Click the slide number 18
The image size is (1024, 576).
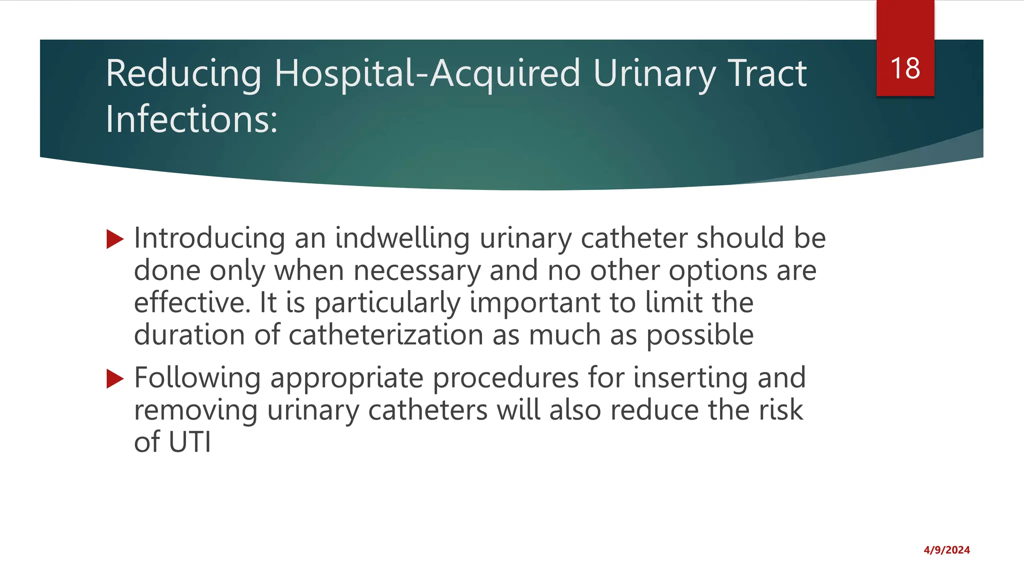click(905, 68)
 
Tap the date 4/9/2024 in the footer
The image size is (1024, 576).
click(946, 550)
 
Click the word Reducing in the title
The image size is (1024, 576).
click(183, 74)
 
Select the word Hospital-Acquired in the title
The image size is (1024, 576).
click(427, 74)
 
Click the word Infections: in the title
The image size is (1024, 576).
click(191, 120)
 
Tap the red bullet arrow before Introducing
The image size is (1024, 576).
click(115, 239)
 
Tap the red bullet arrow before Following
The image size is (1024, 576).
click(115, 379)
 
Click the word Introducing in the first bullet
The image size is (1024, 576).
click(209, 238)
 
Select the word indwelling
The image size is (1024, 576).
click(402, 238)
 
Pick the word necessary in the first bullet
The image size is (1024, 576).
click(416, 271)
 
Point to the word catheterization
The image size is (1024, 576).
click(385, 335)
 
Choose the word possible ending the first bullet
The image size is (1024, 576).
click(699, 335)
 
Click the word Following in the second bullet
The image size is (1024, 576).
click(197, 378)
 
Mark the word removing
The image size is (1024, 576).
click(195, 410)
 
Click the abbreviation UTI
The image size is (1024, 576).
click(190, 442)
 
